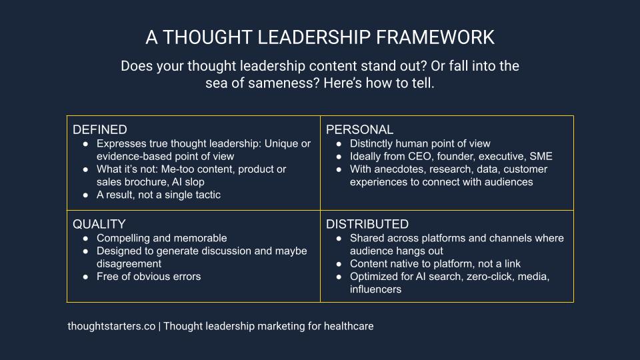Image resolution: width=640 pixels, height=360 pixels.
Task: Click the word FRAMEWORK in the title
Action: point(435,37)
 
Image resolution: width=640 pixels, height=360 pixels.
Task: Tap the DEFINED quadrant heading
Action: point(99,130)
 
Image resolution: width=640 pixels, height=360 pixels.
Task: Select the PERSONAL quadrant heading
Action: point(359,130)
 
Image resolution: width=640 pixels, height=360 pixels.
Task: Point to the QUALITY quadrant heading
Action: point(99,224)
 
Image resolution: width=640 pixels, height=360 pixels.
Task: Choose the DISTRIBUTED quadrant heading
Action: point(367,224)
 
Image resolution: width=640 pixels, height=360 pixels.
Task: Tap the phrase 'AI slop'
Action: point(188,182)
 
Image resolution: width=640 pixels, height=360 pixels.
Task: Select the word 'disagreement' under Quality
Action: point(129,264)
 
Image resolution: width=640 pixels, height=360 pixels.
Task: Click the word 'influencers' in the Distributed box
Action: point(375,289)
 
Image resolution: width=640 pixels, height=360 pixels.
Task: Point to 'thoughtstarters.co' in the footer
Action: point(111,326)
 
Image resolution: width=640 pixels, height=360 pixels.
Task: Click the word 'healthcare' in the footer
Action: point(349,326)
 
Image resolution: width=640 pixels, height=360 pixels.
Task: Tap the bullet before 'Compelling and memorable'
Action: point(85,239)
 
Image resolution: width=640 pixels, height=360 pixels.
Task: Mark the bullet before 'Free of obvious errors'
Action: point(85,277)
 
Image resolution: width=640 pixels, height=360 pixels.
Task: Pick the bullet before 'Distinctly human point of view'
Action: point(339,144)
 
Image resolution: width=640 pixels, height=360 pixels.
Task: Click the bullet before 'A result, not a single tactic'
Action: point(85,195)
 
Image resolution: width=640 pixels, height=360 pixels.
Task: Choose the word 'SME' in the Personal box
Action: point(541,156)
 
